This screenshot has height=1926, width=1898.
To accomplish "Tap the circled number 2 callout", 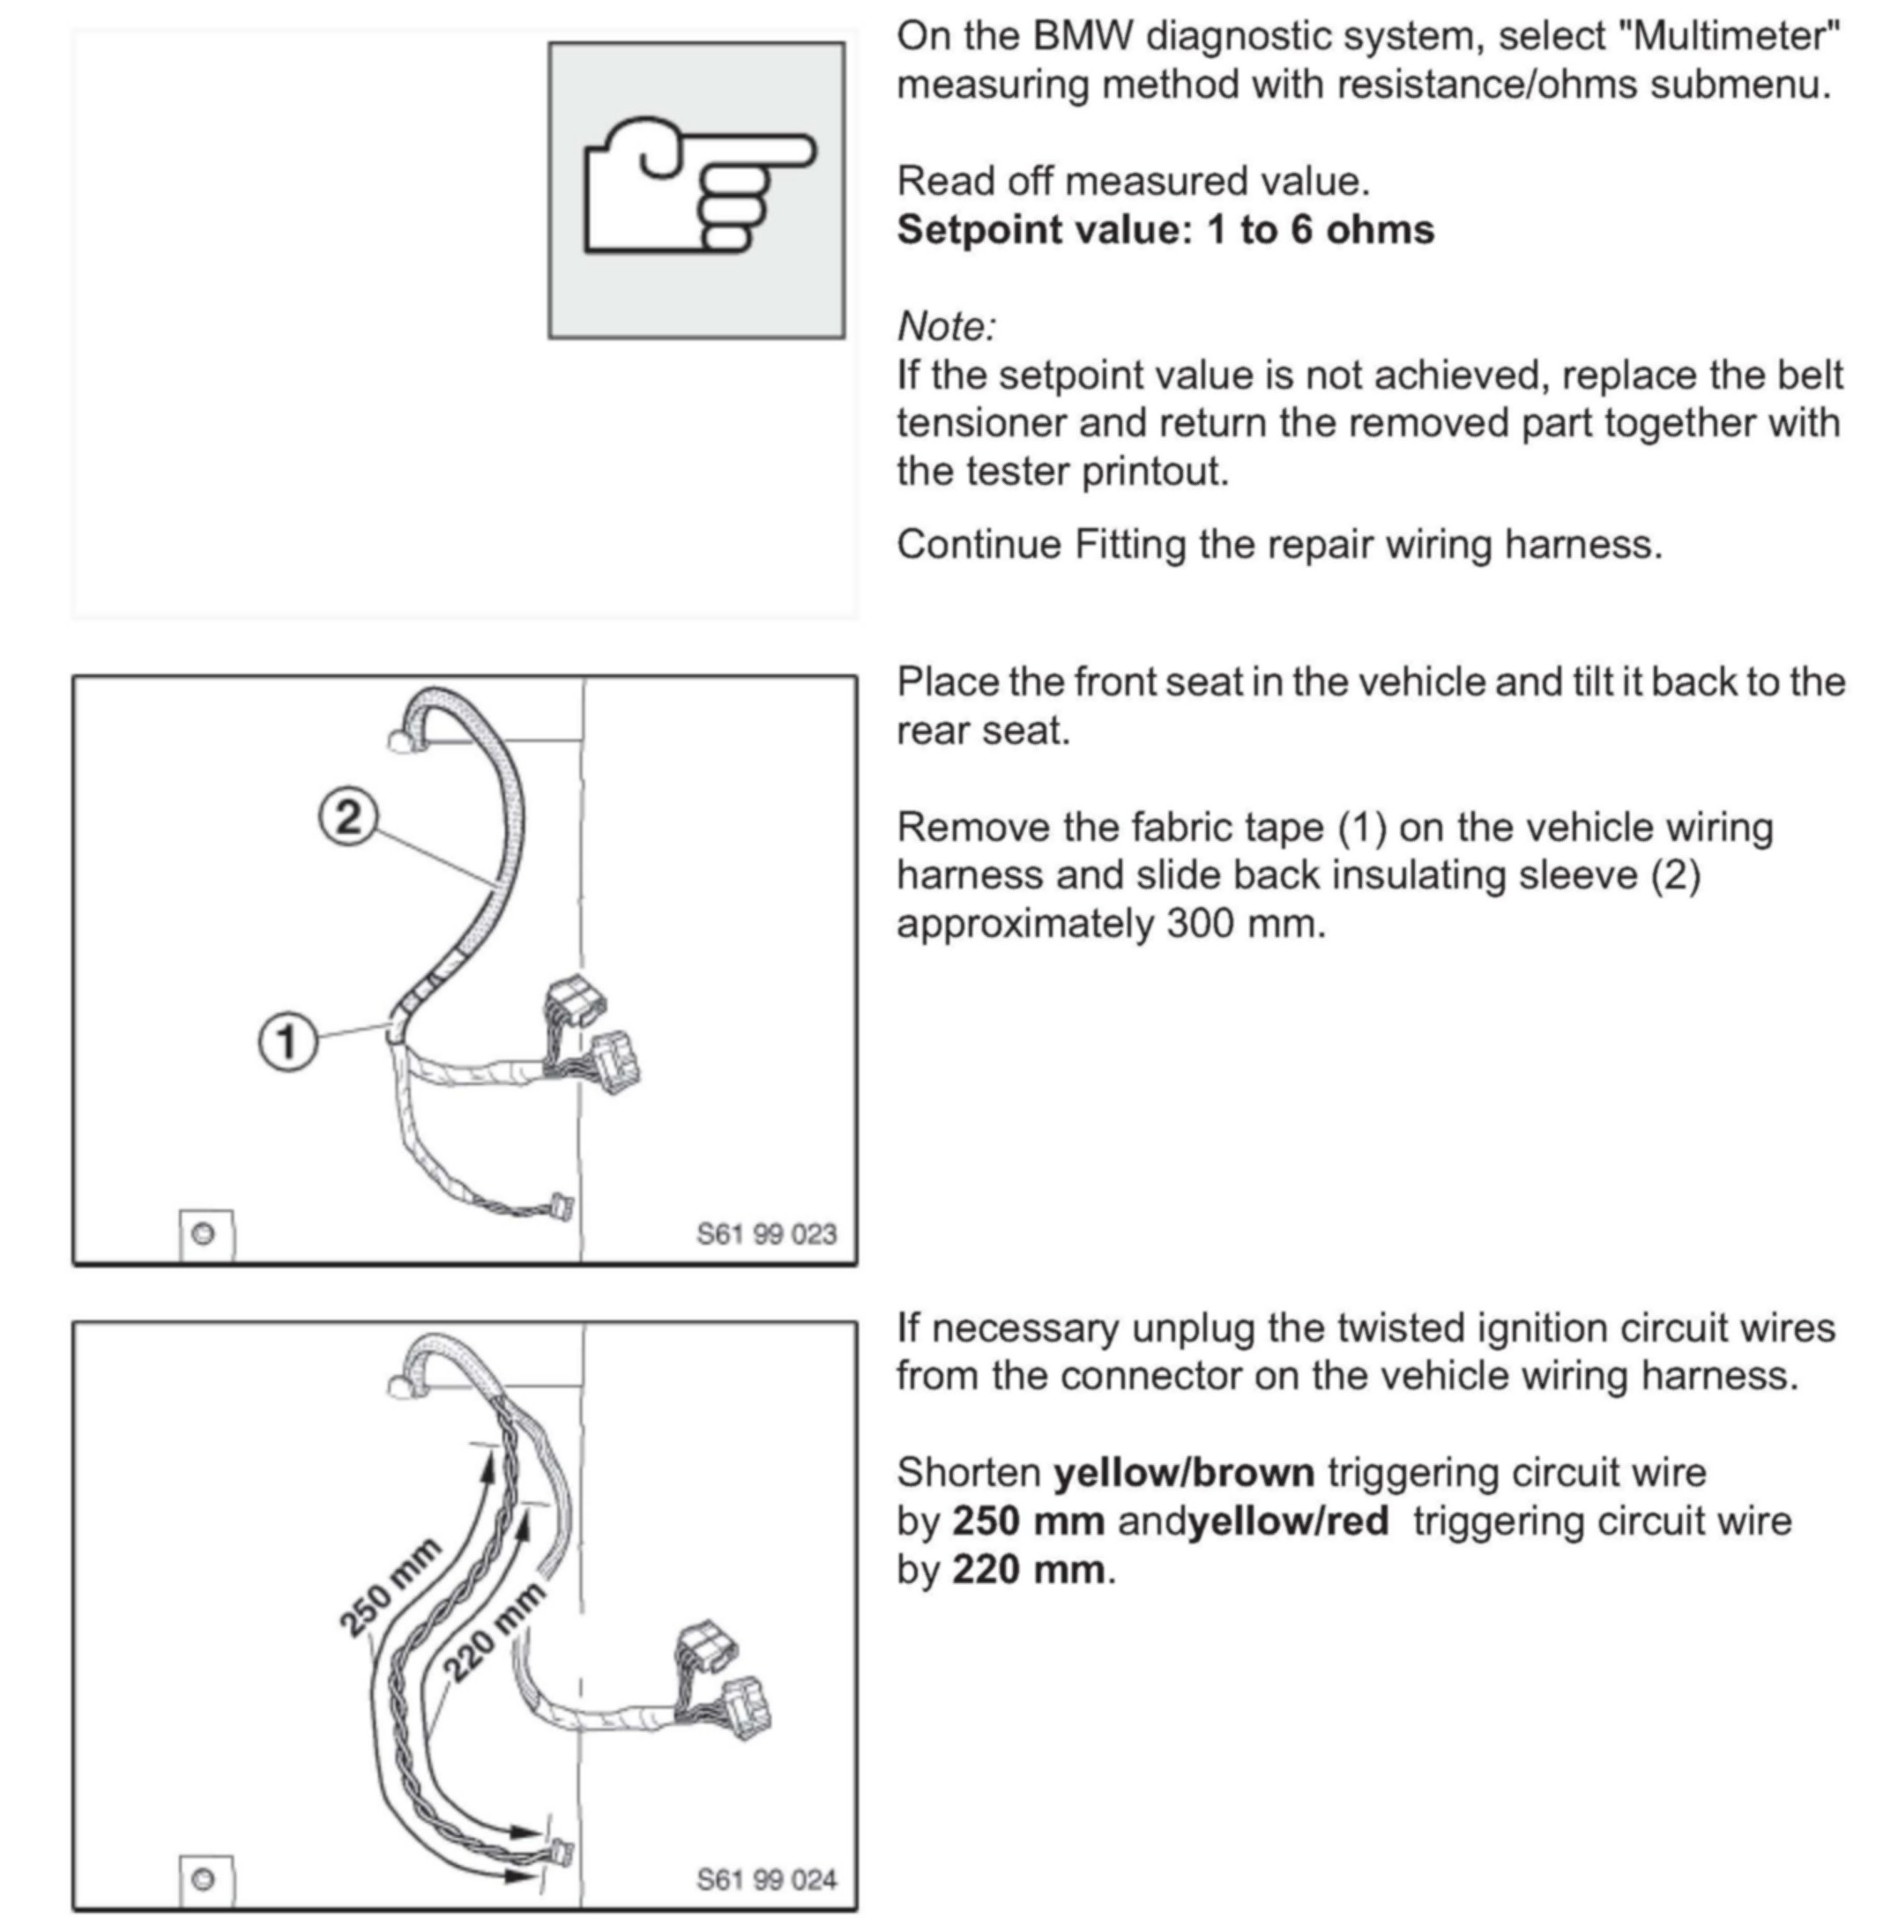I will click(348, 817).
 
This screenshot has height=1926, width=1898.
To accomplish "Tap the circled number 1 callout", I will click(287, 1042).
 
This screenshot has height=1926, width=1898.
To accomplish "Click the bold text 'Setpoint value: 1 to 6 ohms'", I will click(1165, 230).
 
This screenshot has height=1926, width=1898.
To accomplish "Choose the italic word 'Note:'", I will click(946, 327).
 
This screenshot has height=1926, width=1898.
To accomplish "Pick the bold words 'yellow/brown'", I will click(1184, 1472).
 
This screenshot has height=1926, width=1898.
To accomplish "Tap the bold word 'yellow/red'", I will click(1289, 1521).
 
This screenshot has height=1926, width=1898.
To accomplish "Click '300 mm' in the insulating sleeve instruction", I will click(1246, 924).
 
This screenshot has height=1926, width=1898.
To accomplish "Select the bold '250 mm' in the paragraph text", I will click(1028, 1521).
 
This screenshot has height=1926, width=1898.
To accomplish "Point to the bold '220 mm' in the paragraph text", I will click(1028, 1570).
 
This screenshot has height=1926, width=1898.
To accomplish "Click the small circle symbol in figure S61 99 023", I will click(204, 1234).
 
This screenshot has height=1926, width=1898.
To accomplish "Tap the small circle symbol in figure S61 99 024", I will click(204, 1880).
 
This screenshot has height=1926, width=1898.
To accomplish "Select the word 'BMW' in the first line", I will click(1083, 37).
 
